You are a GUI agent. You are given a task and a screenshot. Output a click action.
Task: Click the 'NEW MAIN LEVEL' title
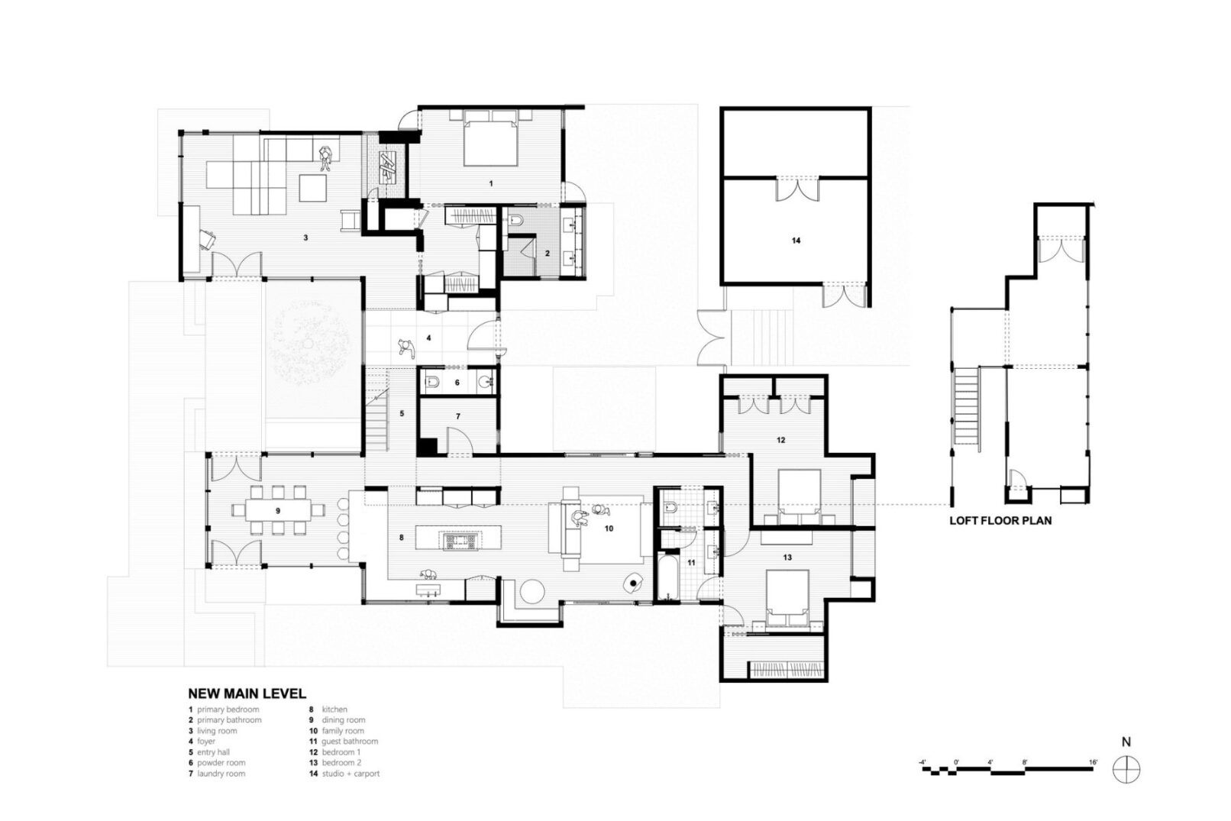[x=247, y=693]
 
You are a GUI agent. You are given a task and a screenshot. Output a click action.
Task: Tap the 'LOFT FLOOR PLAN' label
[x=1000, y=520]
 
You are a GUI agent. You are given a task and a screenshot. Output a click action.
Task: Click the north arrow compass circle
[x=1126, y=769]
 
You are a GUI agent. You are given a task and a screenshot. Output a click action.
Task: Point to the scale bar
[x=1006, y=769]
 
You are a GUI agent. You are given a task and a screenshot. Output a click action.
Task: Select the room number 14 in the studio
[x=796, y=240]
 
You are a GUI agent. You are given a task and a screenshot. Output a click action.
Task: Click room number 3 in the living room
[x=305, y=238]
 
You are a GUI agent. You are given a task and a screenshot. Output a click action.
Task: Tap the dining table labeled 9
[x=277, y=510]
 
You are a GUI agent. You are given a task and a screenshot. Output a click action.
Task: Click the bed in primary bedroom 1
[x=491, y=138]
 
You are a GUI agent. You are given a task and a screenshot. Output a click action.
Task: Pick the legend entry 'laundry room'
[x=221, y=773]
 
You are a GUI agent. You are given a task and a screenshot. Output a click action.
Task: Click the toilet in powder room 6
[x=433, y=382]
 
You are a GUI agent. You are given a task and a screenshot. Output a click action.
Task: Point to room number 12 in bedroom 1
[x=781, y=440]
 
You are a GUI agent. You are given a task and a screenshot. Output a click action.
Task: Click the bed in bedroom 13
[x=787, y=598]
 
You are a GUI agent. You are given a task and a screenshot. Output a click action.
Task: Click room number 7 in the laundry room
[x=457, y=416]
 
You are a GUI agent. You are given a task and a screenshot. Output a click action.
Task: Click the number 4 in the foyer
[x=428, y=338]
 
